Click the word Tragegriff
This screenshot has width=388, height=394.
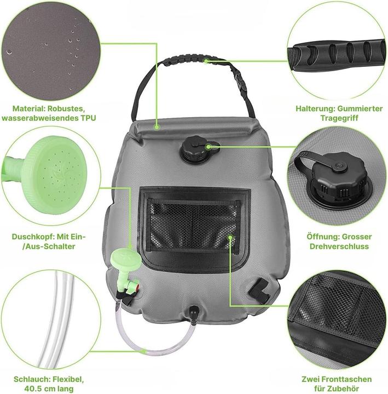coord(339,118)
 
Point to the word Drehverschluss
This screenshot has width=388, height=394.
coord(339,246)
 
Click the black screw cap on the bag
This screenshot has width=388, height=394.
coord(194,149)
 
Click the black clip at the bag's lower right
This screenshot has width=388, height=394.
coord(259,290)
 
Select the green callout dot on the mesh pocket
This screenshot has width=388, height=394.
coord(230,237)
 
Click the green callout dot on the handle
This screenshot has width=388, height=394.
coord(206,61)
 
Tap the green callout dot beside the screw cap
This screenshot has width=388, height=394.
coord(209,147)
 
